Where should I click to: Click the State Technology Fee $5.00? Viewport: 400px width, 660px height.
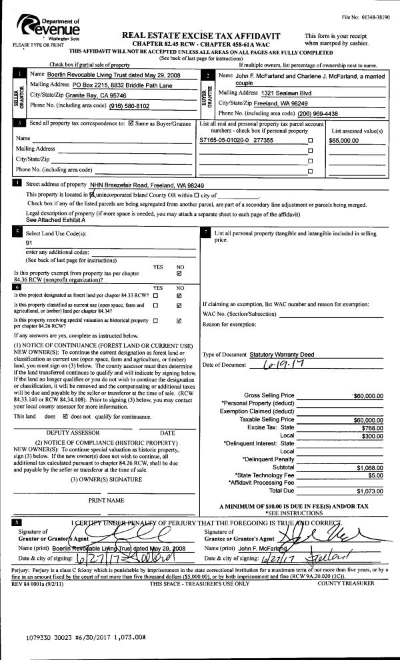click(375, 475)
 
